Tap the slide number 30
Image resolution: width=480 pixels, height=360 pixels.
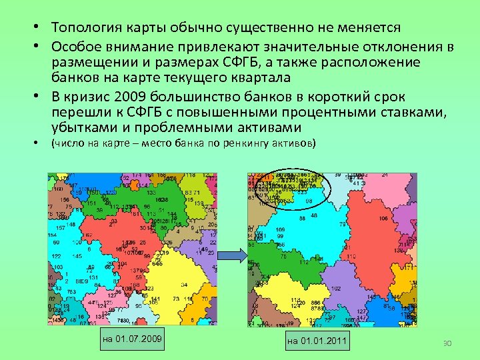[447, 343]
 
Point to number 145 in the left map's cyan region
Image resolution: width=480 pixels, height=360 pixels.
[77, 256]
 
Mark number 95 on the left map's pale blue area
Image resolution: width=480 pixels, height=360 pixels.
[139, 306]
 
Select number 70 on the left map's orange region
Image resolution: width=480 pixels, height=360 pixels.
[205, 299]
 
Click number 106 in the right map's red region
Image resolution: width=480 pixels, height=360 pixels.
[383, 219]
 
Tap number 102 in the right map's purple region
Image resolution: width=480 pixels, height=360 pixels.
[335, 289]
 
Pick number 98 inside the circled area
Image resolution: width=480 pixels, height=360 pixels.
[309, 201]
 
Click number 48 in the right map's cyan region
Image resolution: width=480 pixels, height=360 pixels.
[314, 216]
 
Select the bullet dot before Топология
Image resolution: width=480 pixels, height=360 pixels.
[40, 29]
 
